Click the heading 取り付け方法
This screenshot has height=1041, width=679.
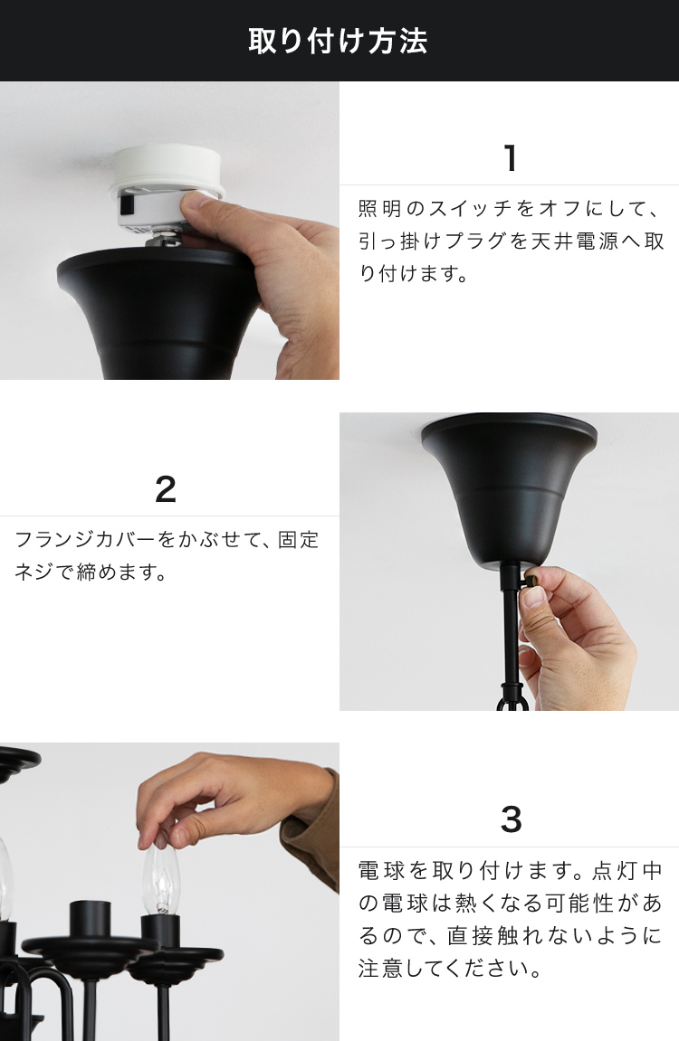(x=338, y=41)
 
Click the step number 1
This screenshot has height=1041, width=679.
(x=511, y=158)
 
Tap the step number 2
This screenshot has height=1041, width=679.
(x=166, y=489)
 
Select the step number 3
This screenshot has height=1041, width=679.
(x=511, y=819)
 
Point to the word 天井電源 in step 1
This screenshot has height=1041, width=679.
(x=586, y=241)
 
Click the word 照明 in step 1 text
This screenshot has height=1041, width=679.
(x=379, y=209)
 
